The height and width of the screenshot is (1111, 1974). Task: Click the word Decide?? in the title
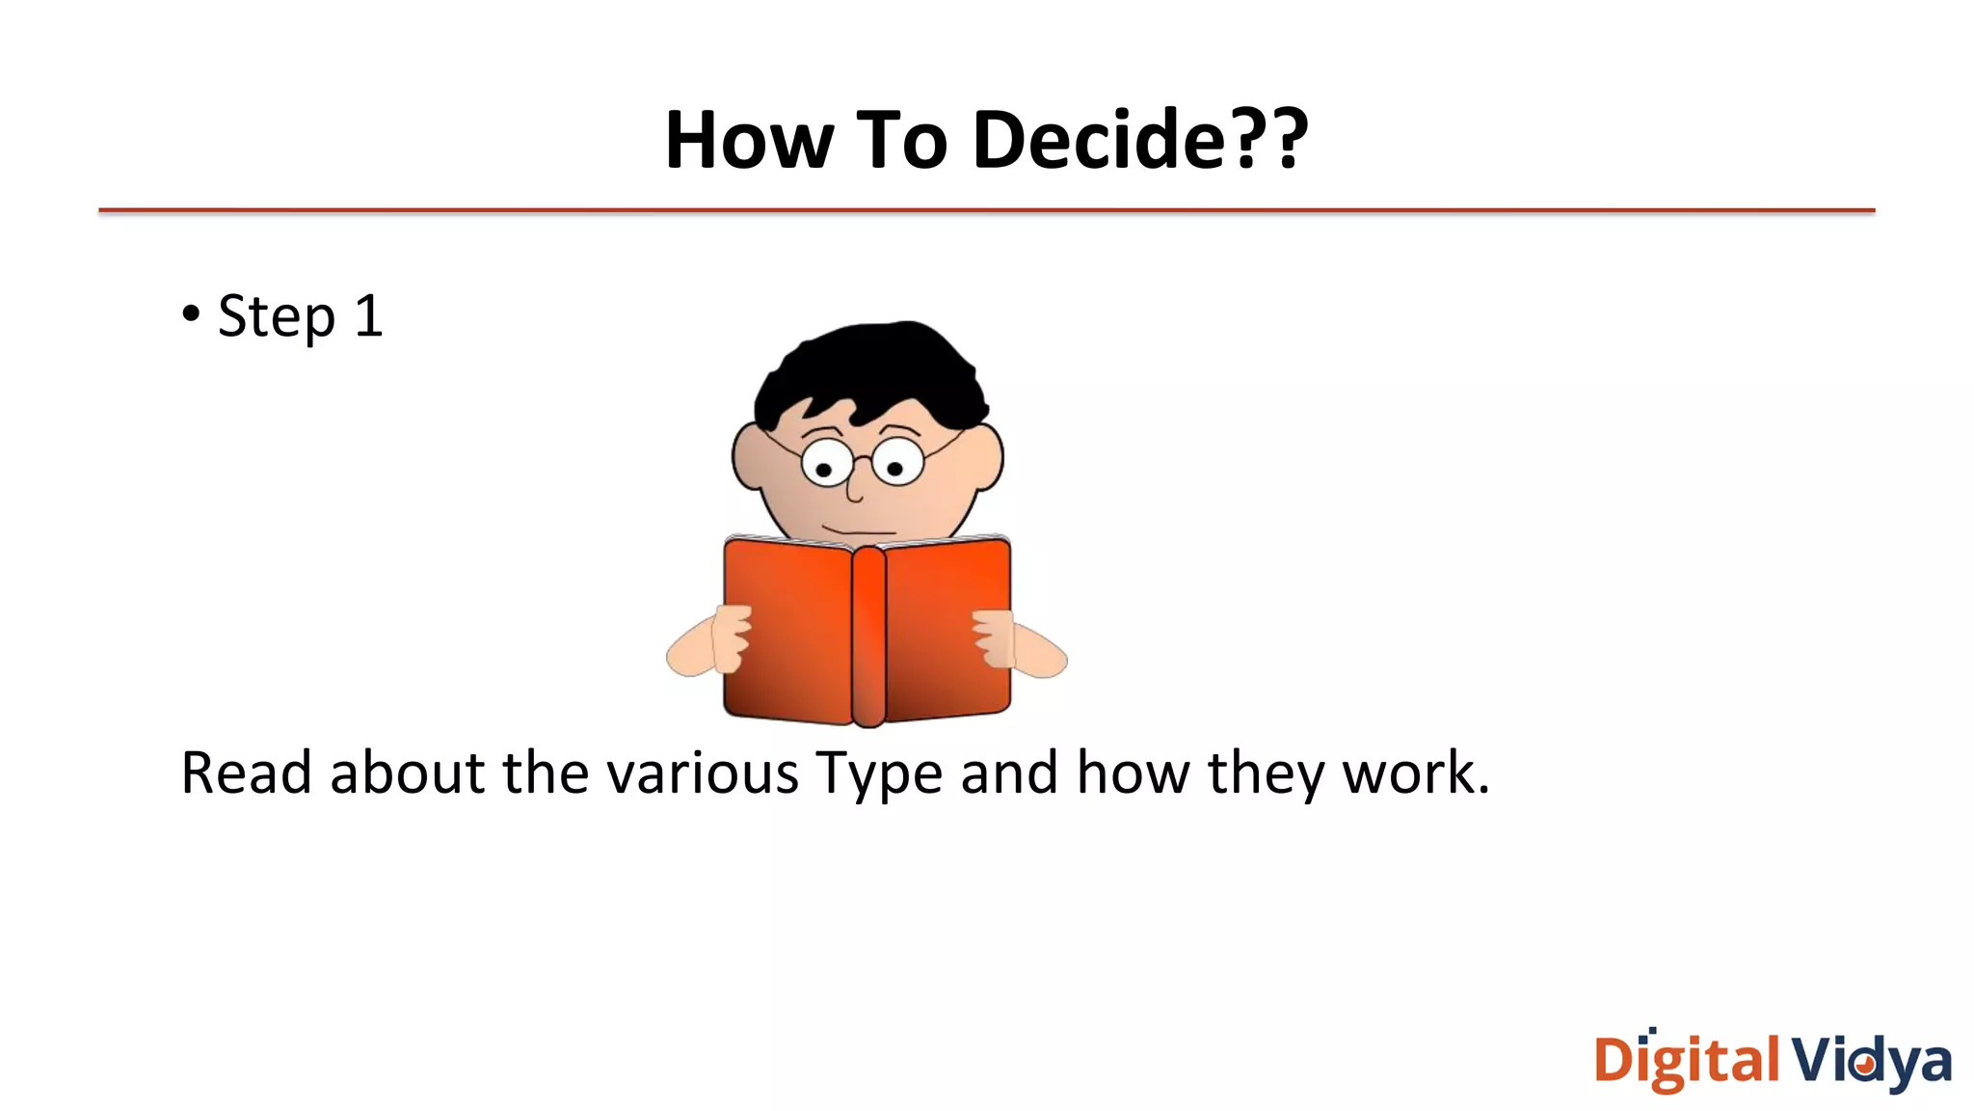tap(1140, 140)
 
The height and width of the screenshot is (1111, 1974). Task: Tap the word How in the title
tap(749, 140)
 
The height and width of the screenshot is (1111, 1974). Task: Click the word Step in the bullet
tap(277, 316)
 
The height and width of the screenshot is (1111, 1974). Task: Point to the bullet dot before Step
tap(191, 313)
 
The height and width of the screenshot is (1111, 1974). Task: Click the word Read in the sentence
tap(246, 772)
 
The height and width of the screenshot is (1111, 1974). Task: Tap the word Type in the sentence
tap(879, 774)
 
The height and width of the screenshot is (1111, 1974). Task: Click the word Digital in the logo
tap(1687, 1061)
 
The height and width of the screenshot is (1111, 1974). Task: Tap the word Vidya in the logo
tap(1872, 1061)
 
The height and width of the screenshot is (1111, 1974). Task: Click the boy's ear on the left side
tap(748, 457)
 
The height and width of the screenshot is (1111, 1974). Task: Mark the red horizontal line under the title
tap(987, 210)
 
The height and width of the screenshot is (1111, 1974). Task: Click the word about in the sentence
tap(407, 772)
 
